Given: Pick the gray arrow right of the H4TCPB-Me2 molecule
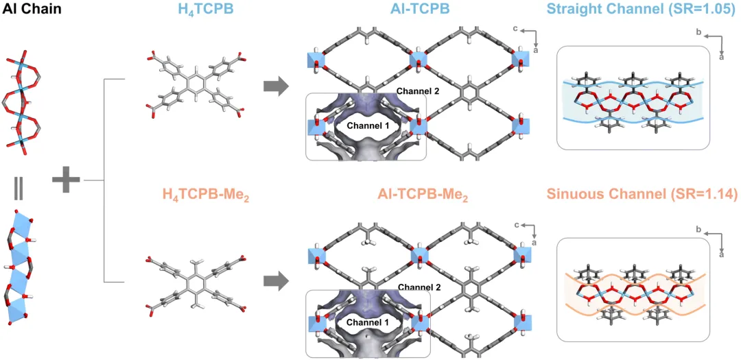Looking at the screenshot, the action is [x=277, y=280].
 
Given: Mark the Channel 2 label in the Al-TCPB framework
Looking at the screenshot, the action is [x=417, y=91].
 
